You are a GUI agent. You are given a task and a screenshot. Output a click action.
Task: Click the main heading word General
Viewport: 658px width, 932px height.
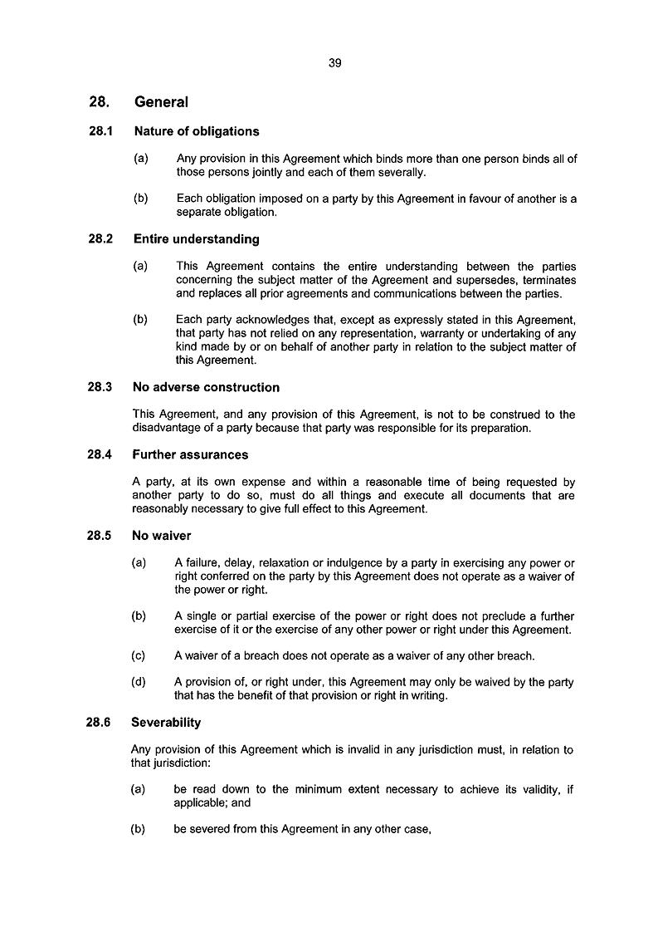pyautogui.click(x=160, y=102)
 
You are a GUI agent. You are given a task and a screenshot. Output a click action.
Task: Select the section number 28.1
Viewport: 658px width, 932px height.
pyautogui.click(x=100, y=131)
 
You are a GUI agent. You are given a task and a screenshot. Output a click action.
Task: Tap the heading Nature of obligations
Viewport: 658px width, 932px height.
pyautogui.click(x=196, y=131)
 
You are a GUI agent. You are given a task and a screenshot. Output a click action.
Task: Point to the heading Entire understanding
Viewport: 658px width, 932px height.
pyautogui.click(x=196, y=239)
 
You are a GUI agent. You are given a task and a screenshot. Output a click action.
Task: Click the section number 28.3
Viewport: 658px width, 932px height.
pyautogui.click(x=100, y=387)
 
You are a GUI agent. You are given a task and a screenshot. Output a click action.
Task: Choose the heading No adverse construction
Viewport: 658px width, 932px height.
pyautogui.click(x=206, y=387)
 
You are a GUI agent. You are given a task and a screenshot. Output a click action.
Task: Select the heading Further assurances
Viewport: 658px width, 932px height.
pyautogui.click(x=190, y=454)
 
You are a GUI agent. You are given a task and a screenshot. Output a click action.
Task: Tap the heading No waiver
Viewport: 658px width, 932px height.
pyautogui.click(x=161, y=536)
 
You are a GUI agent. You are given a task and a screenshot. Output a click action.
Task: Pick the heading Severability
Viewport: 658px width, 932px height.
pyautogui.click(x=166, y=723)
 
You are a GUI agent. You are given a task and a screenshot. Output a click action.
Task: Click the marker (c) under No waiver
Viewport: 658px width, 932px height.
pyautogui.click(x=139, y=655)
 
